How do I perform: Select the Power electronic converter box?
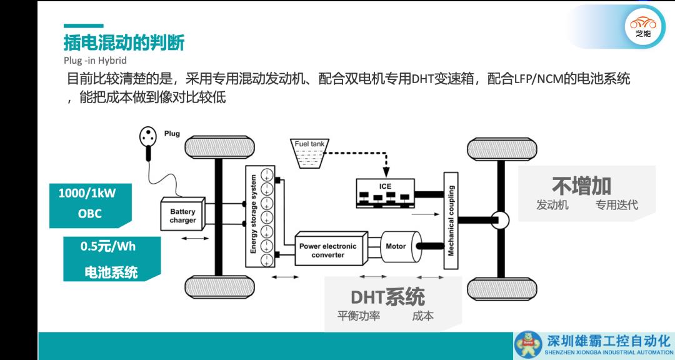coord(327,250)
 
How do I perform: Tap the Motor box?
coord(396,246)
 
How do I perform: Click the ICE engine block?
coord(384,192)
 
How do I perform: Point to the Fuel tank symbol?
coord(309,154)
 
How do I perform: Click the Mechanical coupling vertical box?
coord(451,220)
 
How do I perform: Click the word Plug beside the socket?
coord(172,134)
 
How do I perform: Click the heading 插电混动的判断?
coord(124,43)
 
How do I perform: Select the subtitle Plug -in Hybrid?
coord(95,61)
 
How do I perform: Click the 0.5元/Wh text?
coord(107,246)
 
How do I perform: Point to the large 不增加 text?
coord(581,185)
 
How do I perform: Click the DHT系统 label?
coord(387,296)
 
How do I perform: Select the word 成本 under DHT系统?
coord(422,316)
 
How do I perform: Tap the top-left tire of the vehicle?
coord(219,147)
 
